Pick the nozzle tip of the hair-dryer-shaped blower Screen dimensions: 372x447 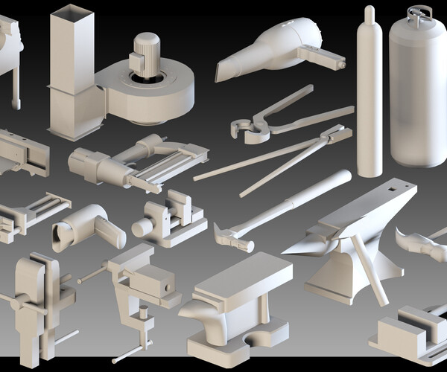coord(221,72)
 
